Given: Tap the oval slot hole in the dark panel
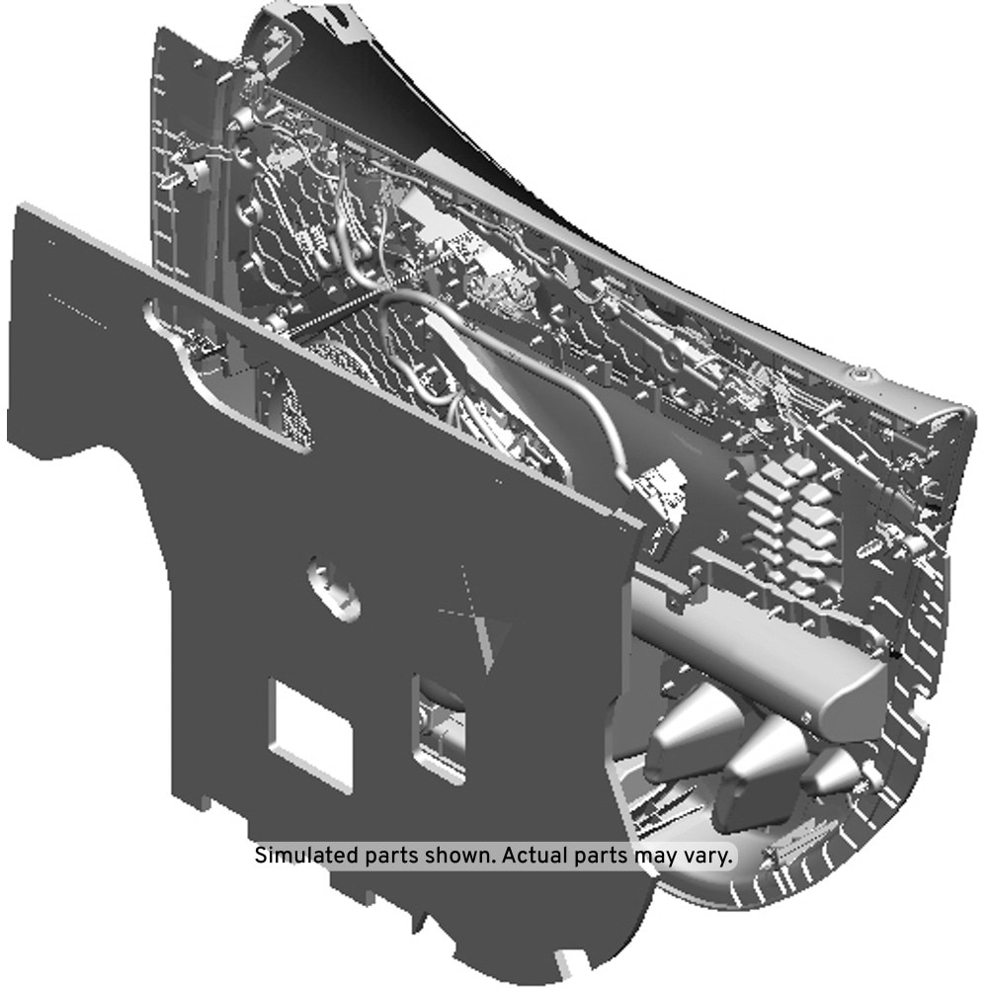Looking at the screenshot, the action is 333,589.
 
